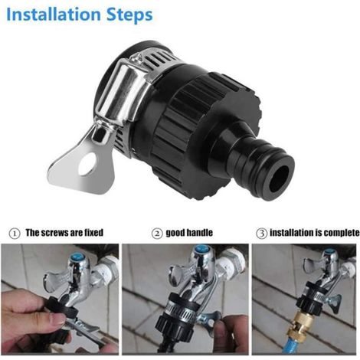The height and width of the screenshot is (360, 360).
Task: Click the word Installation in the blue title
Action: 54,15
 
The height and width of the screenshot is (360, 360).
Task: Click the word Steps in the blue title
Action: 129,15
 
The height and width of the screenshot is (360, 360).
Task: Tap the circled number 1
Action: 15,234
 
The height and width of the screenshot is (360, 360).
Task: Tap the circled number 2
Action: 157,234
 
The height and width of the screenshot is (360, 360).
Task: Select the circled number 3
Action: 261,234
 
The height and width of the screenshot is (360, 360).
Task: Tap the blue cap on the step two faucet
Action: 201,251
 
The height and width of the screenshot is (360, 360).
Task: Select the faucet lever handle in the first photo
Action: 55,279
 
